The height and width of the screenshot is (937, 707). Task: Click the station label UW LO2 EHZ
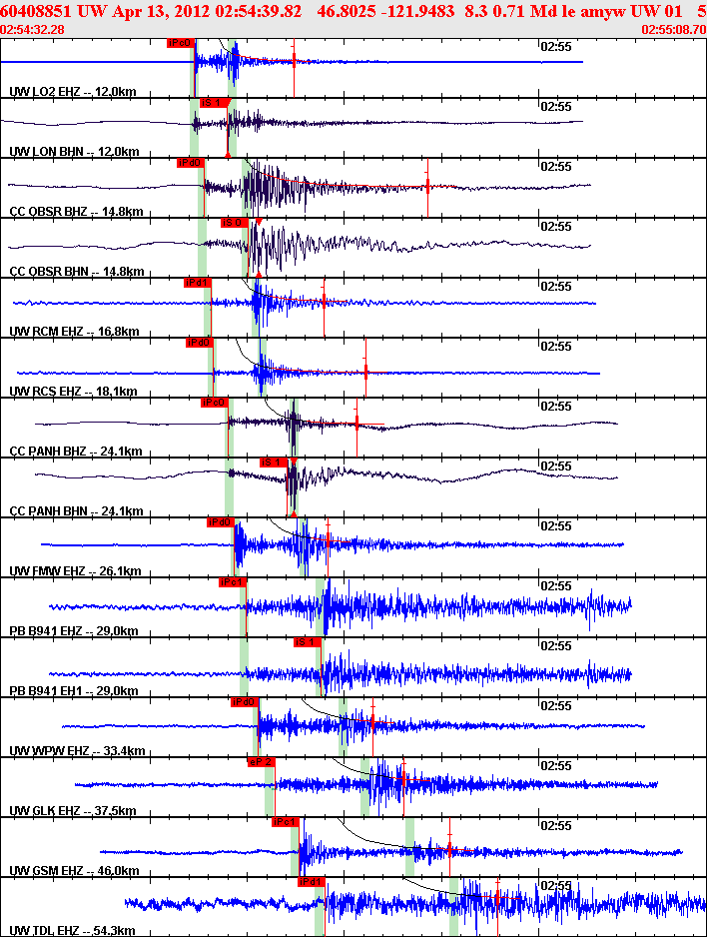(72, 92)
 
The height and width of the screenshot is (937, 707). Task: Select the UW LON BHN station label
(72, 152)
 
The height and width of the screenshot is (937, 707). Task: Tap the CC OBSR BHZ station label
(75, 212)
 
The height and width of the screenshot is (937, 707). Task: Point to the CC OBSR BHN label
(75, 272)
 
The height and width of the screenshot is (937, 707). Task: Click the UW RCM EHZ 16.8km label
(73, 332)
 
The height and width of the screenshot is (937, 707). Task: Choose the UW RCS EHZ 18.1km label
(73, 392)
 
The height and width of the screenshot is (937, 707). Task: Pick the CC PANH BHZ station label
(75, 452)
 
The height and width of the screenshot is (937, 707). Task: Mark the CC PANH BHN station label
(75, 511)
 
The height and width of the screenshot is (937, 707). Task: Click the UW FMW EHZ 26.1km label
(74, 571)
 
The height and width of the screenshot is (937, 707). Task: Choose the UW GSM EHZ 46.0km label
(74, 871)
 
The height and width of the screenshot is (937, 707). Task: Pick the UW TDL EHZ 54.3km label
(73, 931)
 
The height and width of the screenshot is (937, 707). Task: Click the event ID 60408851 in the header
(37, 11)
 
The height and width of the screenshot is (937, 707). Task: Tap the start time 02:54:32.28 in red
(33, 30)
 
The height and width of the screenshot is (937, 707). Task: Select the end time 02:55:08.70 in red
(673, 30)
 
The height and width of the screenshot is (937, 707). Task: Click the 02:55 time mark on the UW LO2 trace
(555, 46)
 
